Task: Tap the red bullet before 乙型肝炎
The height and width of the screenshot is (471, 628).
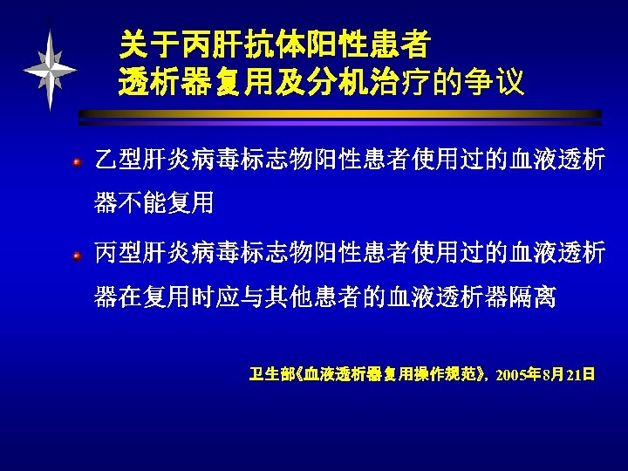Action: click(78, 162)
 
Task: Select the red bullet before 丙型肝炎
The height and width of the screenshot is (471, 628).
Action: click(78, 256)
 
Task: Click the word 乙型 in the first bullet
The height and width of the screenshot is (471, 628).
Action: click(116, 161)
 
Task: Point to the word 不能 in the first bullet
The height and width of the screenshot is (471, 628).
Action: click(144, 204)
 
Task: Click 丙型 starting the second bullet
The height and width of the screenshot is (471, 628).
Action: click(116, 256)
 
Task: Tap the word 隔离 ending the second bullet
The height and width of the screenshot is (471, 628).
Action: click(535, 298)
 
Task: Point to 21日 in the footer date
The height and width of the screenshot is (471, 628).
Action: click(581, 376)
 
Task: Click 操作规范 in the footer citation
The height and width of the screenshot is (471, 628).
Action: click(437, 376)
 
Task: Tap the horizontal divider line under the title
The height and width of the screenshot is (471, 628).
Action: click(340, 114)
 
